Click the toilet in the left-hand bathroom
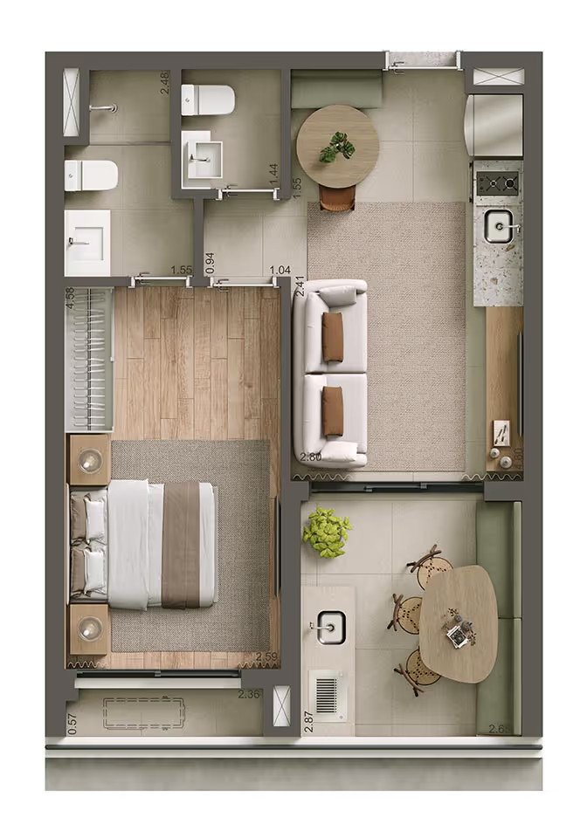(92, 175)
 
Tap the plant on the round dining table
(337, 148)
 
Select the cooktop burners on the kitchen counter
(498, 182)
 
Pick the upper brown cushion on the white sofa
(332, 337)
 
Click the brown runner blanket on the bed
(181, 544)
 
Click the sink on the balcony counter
(330, 626)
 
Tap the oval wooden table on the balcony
(459, 622)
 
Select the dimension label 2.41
(300, 286)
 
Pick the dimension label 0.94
(209, 263)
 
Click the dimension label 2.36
(250, 695)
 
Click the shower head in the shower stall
(103, 108)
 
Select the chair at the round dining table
(337, 200)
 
